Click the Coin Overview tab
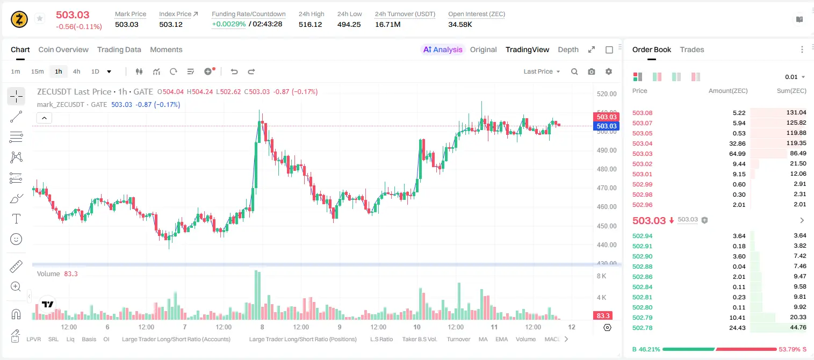pos(63,49)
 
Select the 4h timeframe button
pos(76,71)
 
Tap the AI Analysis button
pos(443,49)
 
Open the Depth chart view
pos(568,49)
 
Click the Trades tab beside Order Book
pos(692,49)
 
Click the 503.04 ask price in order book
pos(642,143)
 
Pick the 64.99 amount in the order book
pos(737,154)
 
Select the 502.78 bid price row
pos(642,328)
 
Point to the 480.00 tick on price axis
pos(607,169)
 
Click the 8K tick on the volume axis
pos(601,276)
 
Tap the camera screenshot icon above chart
pos(592,71)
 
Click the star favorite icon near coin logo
pos(40,18)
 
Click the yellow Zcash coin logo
pos(19,19)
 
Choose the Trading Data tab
pos(119,49)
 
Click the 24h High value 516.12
pos(311,24)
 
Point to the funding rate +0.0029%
pos(229,24)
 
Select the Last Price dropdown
pos(542,71)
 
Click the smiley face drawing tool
pos(16,239)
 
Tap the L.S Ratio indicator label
pos(381,339)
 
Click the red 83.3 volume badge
pos(603,316)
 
